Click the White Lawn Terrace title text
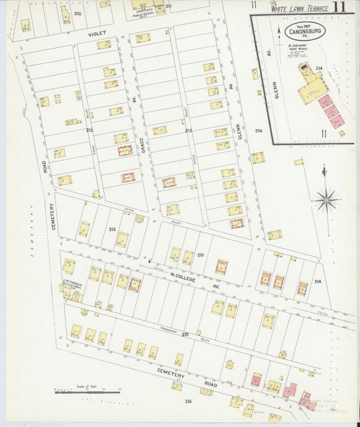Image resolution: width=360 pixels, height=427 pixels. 299,9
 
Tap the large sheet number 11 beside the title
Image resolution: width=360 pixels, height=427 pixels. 343,7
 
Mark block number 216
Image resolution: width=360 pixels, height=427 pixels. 188,401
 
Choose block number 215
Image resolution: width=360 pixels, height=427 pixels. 185,335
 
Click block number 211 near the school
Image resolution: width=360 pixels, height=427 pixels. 168,6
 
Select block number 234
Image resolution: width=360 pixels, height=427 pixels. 258,131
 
